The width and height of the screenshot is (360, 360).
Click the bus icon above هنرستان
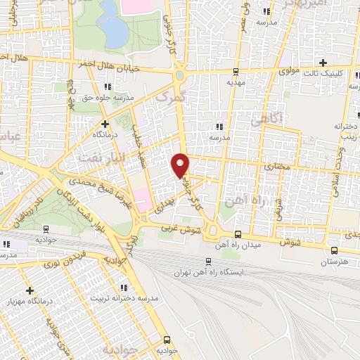coord(333,250)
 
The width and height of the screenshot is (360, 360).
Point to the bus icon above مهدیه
coord(235,71)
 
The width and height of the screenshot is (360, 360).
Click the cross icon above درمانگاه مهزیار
coord(30,290)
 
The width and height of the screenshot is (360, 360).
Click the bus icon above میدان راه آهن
coord(238,234)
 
